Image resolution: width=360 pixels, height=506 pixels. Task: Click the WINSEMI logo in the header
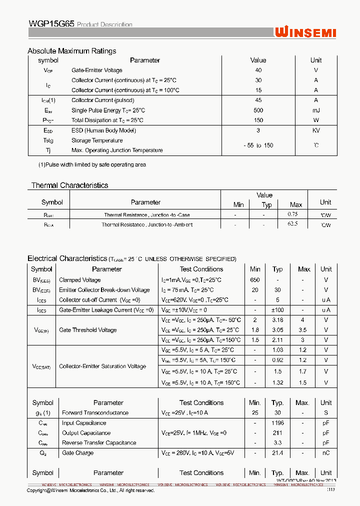(305, 32)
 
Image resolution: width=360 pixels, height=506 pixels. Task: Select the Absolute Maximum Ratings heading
(71, 51)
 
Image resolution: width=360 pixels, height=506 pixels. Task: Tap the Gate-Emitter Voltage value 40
(258, 70)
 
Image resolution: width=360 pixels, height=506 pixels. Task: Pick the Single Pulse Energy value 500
(258, 110)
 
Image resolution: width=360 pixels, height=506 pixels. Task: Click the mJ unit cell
(316, 110)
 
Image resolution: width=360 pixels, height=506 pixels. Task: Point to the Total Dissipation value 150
(258, 120)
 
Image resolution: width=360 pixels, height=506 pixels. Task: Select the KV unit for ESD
(316, 130)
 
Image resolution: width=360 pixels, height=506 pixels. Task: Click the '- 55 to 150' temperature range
(258, 145)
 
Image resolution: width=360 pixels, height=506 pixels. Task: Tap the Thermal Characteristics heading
(69, 185)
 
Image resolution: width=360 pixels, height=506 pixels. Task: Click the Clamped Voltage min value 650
(255, 280)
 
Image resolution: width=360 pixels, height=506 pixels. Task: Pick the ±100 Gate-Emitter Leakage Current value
(277, 310)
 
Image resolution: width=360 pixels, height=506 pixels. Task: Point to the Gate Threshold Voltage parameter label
(87, 330)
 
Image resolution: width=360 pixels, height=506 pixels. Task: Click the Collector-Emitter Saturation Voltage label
(102, 366)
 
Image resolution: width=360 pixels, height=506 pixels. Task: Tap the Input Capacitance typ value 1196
(277, 423)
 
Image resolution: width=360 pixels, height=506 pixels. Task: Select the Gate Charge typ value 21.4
(277, 453)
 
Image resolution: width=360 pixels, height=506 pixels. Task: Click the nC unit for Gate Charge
(326, 453)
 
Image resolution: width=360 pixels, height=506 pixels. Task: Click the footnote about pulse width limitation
(92, 164)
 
